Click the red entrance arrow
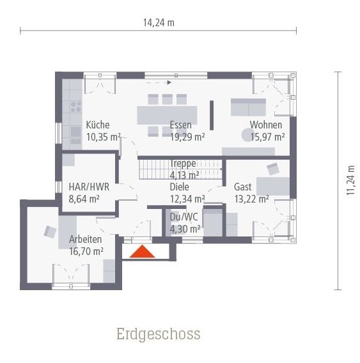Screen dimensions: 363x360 tap(142, 252)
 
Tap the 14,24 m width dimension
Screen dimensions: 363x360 tap(159, 22)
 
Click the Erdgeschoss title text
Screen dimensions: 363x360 tap(158, 334)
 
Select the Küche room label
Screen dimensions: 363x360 tap(98, 125)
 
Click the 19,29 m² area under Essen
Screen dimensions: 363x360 tap(187, 136)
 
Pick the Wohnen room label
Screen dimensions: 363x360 tap(265, 125)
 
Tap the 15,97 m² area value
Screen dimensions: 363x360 tap(267, 136)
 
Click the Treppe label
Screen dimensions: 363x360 tap(183, 164)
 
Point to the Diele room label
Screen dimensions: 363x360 tap(180, 187)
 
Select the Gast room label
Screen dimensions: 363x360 tap(242, 187)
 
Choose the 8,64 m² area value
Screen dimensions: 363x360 tap(84, 199)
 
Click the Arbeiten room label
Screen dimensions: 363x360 tap(85, 240)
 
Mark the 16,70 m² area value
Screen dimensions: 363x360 tap(86, 251)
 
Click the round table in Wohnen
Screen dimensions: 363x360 tap(247, 134)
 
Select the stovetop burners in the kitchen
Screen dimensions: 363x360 tap(75, 105)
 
